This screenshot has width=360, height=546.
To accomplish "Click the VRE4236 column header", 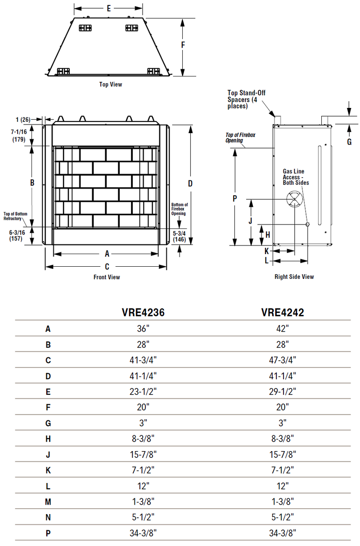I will point(143,313).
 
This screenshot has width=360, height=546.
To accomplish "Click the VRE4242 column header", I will point(282,313).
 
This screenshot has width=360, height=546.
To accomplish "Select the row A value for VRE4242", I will point(282,329).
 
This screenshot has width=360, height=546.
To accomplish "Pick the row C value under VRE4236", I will point(143,360).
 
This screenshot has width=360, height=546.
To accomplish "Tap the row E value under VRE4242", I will point(282,392).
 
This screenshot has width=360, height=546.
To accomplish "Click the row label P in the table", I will point(48,533).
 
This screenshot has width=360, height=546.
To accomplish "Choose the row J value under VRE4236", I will point(143,454).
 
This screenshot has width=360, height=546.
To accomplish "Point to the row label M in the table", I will point(48,501).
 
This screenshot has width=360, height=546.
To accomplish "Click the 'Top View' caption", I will point(110,84).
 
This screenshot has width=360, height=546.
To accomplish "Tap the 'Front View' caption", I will point(107,277).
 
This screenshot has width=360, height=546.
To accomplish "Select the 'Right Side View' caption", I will point(294,277).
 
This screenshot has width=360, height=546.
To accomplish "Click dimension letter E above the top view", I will point(109,8).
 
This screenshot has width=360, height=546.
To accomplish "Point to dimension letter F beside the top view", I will point(183,45).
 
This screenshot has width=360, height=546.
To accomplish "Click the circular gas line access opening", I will point(294,198).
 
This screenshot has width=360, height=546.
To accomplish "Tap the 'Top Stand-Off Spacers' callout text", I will point(246,99).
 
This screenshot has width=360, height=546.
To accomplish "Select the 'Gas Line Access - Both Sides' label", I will point(296,177).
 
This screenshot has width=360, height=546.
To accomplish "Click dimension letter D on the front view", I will point(190,183).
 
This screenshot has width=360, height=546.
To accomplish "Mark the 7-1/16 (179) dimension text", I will point(19,135).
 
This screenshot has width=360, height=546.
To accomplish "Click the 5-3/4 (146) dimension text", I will point(179,237).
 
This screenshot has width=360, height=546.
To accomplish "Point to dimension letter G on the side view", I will point(349,142).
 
